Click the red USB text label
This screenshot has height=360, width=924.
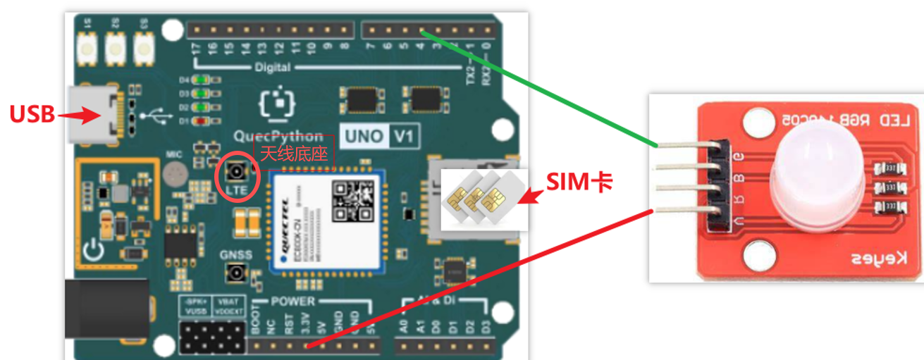32,113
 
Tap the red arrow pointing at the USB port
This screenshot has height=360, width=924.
78,114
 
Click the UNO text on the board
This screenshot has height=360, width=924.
362,136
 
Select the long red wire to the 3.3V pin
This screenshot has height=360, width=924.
479,278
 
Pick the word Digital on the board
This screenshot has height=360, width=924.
272,67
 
